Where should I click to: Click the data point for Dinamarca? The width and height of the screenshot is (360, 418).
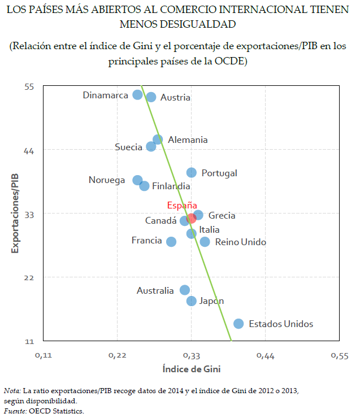[x=137, y=95]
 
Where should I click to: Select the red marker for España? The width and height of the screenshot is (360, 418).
[x=192, y=218]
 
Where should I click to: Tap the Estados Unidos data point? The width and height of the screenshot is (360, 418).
[x=238, y=324]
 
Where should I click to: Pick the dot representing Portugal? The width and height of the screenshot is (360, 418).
[x=192, y=173]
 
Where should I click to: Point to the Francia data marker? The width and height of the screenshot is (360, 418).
[x=171, y=242]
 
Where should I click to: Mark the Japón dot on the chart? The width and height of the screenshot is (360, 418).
[x=192, y=301]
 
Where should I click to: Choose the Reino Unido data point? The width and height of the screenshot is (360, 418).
[x=205, y=242]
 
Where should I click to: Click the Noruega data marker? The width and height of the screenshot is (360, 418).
[x=137, y=180]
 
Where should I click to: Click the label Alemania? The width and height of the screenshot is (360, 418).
[x=188, y=140]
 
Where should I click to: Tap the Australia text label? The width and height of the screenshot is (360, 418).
[x=155, y=291]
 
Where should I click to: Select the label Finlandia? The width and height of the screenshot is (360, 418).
[x=171, y=186]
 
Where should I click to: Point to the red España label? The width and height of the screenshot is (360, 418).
[x=182, y=206]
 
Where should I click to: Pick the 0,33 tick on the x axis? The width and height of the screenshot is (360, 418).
[x=192, y=356]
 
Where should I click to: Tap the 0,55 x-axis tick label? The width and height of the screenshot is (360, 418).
[x=339, y=356]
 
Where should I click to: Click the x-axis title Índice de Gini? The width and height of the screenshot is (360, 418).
[x=191, y=369]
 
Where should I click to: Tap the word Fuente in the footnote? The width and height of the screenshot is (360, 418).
[x=14, y=411]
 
